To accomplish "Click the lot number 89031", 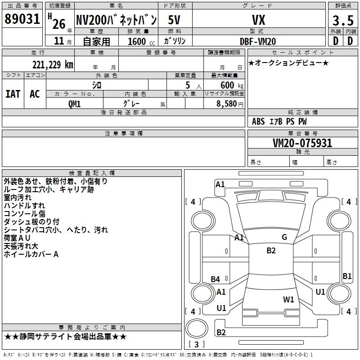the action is click(x=22, y=19).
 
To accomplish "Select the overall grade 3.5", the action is click(x=343, y=20).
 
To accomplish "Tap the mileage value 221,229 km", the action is click(x=53, y=65).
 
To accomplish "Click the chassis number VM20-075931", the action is click(x=302, y=143).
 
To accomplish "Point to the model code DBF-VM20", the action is click(x=258, y=41).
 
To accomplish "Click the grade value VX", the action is click(x=258, y=20).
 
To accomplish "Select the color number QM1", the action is click(x=74, y=104).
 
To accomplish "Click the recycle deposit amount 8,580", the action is click(x=227, y=104).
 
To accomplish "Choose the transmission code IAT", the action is click(x=13, y=94).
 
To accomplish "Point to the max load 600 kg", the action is click(x=232, y=85).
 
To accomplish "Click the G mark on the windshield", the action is click(x=284, y=237).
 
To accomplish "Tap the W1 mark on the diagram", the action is click(x=288, y=299).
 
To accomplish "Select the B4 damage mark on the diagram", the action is click(x=215, y=279).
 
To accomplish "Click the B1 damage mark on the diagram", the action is click(x=347, y=276).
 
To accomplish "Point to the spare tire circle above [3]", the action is click(x=197, y=328).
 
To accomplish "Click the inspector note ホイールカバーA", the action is click(x=31, y=254).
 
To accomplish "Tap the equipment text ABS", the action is click(x=258, y=121).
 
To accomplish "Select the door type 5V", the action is click(x=174, y=20).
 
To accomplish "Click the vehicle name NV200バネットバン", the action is click(x=117, y=20).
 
